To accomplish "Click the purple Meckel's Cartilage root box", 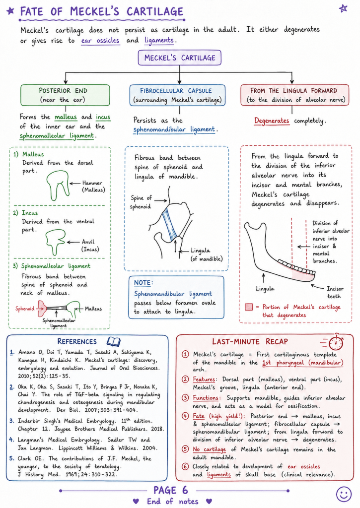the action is click(x=179, y=58).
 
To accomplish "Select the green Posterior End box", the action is click(x=65, y=95).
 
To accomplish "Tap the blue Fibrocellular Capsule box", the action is click(x=177, y=95).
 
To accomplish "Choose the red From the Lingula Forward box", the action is click(x=295, y=95).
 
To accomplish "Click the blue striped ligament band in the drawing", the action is click(x=170, y=224).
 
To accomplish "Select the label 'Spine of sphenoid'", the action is click(x=141, y=202).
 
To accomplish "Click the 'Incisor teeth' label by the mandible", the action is click(x=335, y=292).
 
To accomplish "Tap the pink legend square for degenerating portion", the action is click(x=249, y=307).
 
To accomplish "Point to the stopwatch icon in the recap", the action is click(x=336, y=342).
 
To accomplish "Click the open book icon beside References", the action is click(x=114, y=341).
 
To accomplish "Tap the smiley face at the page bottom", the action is click(x=344, y=494).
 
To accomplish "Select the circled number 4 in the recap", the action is click(x=185, y=416).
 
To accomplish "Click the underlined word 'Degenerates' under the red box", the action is click(x=272, y=121).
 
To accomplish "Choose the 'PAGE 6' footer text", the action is click(x=171, y=490).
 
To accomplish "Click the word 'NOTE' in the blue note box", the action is click(x=143, y=282).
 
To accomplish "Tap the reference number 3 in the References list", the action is click(x=12, y=421).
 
